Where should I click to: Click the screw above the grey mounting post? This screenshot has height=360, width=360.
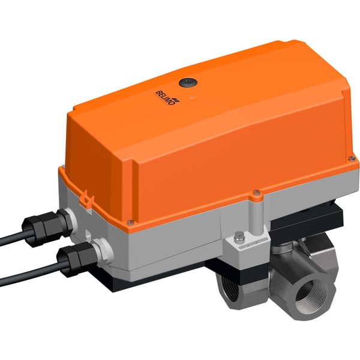(x=256, y=193)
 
